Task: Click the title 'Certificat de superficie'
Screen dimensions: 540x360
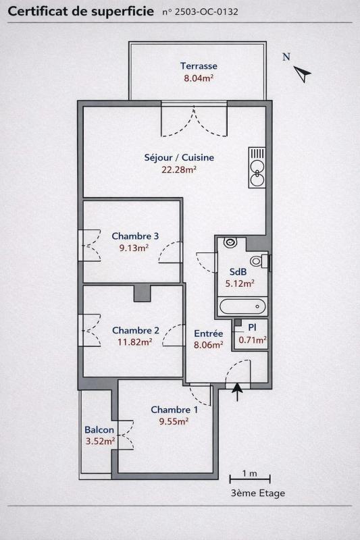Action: [80, 11]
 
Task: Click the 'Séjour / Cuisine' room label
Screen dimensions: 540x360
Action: [179, 158]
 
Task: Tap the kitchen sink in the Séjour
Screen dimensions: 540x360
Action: [257, 167]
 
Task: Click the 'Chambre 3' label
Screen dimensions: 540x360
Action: [135, 236]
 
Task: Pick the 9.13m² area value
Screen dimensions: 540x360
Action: [135, 248]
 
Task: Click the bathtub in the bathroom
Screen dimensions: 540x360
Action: [242, 306]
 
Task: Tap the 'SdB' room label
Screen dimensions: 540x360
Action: [238, 272]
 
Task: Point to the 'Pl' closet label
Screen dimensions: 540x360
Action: [252, 327]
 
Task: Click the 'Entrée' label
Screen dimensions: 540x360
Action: [208, 333]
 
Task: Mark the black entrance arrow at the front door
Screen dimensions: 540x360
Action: [237, 392]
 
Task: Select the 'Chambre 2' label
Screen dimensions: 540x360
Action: [135, 331]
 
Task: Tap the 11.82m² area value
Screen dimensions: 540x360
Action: [135, 342]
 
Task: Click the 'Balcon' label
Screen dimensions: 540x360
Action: [99, 430]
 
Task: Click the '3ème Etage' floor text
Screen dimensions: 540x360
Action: [257, 493]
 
